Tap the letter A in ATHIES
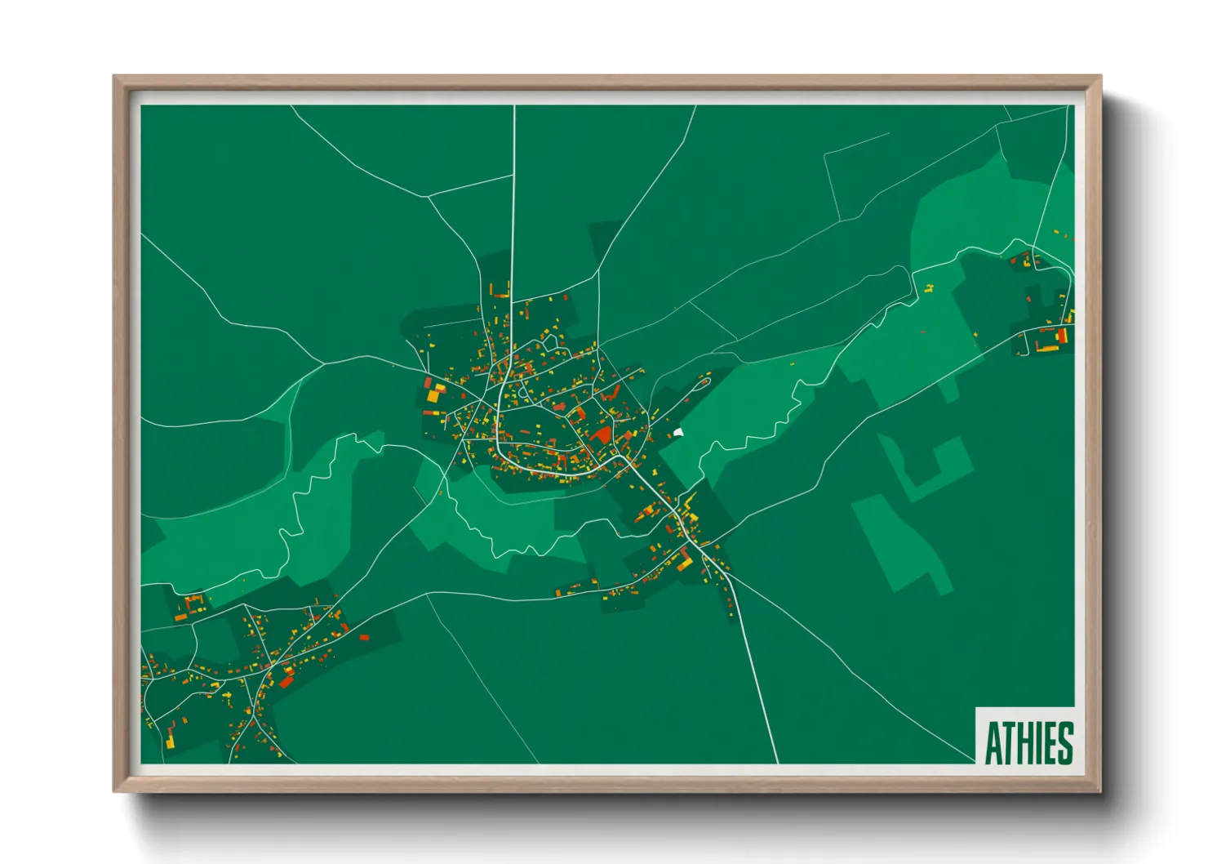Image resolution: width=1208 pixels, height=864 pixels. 993,742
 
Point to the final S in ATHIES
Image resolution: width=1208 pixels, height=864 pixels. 1064,742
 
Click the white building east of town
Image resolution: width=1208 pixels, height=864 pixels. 678,432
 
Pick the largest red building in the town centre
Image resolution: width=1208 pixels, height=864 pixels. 602,434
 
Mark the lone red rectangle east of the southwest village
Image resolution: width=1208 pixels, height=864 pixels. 364,636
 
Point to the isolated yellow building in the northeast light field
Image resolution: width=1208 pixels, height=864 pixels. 929,287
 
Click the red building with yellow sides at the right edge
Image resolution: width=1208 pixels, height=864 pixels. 1062,335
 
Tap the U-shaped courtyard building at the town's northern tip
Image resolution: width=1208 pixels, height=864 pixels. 499,291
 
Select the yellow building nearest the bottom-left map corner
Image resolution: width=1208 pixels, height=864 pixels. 170,743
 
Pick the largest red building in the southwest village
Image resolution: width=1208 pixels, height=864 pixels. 286,679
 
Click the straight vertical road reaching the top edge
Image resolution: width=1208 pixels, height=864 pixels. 513,204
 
